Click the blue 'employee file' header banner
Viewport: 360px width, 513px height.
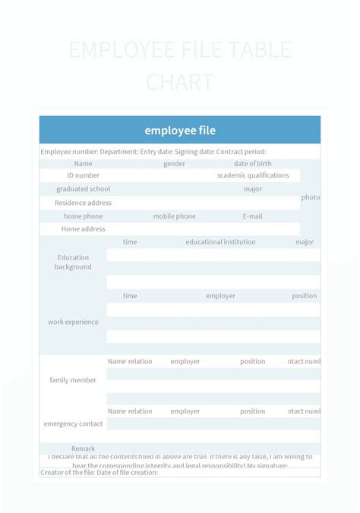[180, 131]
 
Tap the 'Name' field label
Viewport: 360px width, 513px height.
[83, 164]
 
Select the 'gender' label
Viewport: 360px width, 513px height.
[174, 164]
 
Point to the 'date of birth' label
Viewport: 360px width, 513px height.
[252, 164]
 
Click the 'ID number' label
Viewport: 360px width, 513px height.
[83, 175]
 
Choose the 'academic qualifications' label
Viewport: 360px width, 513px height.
[253, 175]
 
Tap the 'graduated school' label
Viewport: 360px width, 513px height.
[83, 189]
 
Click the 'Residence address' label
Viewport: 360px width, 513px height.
[83, 203]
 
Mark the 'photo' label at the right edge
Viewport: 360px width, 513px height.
[310, 197]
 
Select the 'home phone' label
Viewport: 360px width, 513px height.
[83, 216]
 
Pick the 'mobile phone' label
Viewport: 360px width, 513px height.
[174, 216]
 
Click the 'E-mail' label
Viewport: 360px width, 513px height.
[252, 216]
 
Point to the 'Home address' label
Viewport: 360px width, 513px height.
[83, 229]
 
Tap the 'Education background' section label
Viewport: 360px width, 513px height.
[73, 262]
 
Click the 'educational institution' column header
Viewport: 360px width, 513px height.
[220, 242]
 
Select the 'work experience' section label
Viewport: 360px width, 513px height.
[73, 322]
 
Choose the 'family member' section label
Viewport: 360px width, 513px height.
[73, 379]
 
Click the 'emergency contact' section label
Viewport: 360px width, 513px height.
[73, 423]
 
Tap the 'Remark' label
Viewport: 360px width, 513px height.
[83, 448]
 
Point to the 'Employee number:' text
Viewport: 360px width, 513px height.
[69, 152]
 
